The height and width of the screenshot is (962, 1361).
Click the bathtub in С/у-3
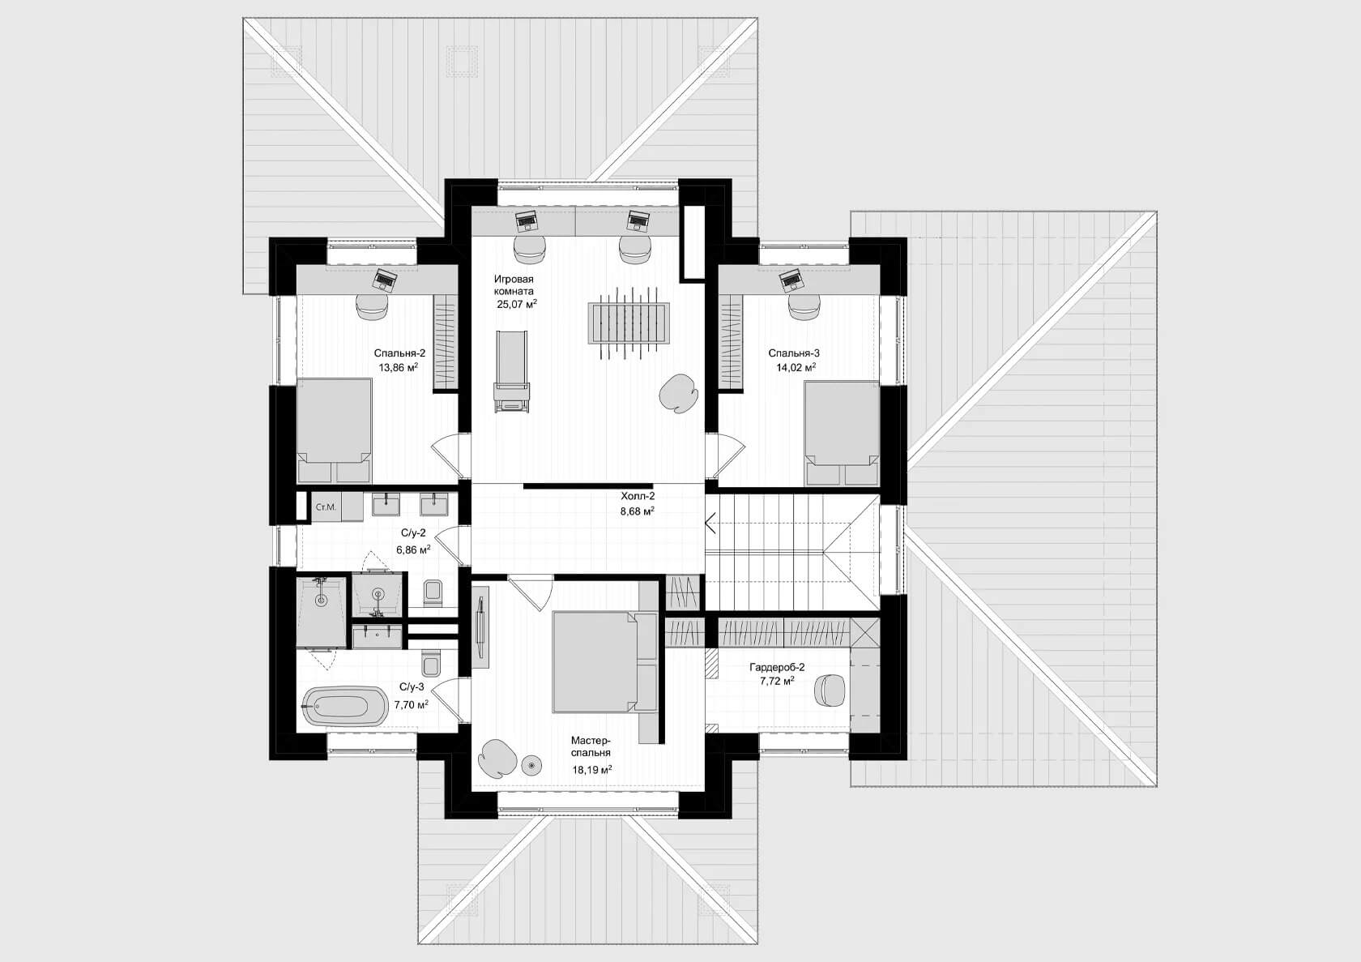pyautogui.click(x=344, y=706)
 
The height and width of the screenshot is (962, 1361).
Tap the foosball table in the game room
pyautogui.click(x=629, y=324)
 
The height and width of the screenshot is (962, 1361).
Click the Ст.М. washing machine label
pyautogui.click(x=326, y=507)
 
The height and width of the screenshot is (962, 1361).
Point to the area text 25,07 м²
pyautogui.click(x=517, y=304)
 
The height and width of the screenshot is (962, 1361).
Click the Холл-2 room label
pyautogui.click(x=638, y=496)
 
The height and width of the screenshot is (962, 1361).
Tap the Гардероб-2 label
pyautogui.click(x=777, y=667)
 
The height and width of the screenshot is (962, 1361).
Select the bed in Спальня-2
pyautogui.click(x=334, y=431)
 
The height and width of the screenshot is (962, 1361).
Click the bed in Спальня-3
pyautogui.click(x=842, y=434)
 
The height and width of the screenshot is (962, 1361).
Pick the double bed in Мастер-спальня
pyautogui.click(x=604, y=661)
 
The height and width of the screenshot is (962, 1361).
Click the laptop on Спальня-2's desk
pyautogui.click(x=385, y=279)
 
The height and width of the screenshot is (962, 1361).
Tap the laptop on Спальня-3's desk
pyautogui.click(x=791, y=280)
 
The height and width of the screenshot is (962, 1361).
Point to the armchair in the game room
pyautogui.click(x=679, y=393)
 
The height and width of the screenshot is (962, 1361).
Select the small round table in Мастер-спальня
pyautogui.click(x=531, y=765)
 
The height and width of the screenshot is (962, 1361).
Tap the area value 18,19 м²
pyautogui.click(x=591, y=770)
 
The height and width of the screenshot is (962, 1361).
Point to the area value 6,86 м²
pyautogui.click(x=413, y=549)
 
